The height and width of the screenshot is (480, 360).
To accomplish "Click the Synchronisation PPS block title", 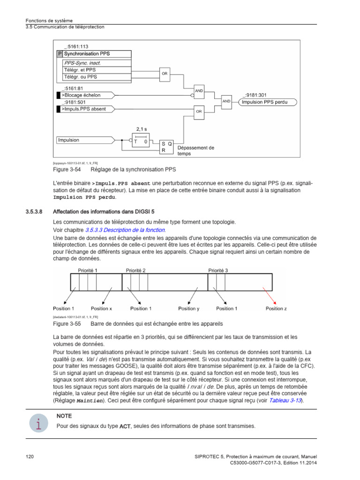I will click(x=87, y=54).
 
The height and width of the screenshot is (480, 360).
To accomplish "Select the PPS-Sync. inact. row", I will click(x=82, y=62).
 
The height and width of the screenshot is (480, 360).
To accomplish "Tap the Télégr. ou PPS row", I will click(x=81, y=76).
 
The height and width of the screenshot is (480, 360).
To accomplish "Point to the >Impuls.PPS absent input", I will click(x=84, y=109).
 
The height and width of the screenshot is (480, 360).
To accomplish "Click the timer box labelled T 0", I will click(x=141, y=141).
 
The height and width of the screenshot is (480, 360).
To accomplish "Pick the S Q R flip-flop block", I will click(x=166, y=147).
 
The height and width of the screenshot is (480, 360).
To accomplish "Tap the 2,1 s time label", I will click(x=142, y=129).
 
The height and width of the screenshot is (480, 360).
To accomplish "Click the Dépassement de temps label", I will click(x=195, y=150).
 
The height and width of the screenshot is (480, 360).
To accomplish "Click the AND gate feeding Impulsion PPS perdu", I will click(x=226, y=102).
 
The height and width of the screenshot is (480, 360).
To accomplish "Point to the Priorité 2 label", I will click(x=136, y=270).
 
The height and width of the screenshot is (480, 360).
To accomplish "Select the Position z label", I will click(x=276, y=308).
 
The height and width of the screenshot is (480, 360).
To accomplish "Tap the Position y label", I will click(x=189, y=308).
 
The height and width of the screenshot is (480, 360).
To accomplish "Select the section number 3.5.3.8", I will click(x=34, y=211).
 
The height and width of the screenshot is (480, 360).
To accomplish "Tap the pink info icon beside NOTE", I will click(x=37, y=424).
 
